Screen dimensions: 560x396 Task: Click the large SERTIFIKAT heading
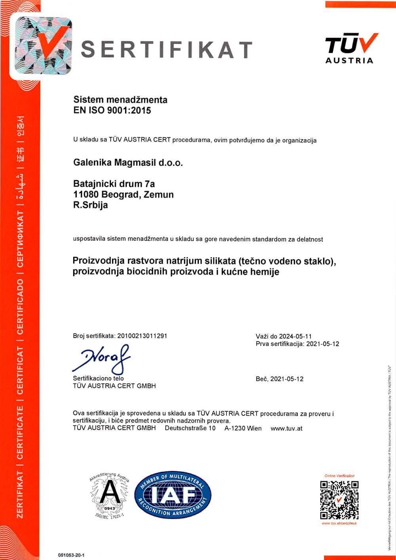(167, 49)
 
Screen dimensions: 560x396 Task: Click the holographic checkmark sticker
(44, 46)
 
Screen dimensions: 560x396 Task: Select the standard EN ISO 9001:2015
(112, 110)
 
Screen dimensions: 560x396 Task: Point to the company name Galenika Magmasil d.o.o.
(128, 163)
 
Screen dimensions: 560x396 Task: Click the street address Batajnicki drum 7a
(114, 184)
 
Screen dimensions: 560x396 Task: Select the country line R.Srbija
(90, 205)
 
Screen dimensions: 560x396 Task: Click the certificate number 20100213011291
(143, 336)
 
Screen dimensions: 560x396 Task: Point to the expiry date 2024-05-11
(295, 336)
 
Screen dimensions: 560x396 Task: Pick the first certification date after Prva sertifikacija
(323, 344)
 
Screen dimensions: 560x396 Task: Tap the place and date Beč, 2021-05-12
(280, 379)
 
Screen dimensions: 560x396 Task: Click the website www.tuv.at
(286, 428)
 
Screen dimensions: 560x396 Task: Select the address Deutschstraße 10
(190, 428)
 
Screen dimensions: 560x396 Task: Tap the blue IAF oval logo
(173, 495)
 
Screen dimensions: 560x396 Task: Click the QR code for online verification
(339, 500)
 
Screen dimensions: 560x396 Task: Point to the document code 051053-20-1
(71, 555)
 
